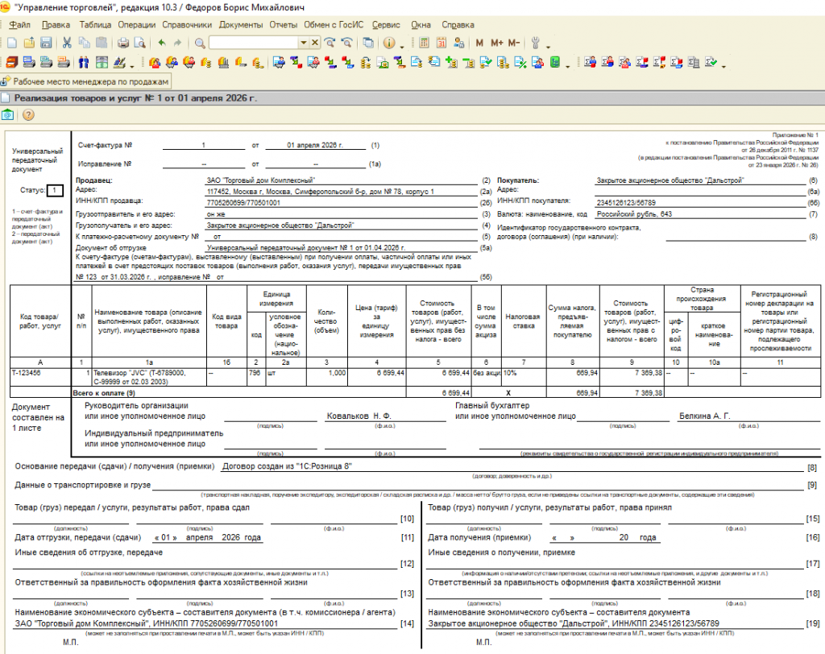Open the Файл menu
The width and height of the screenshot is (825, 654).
coord(21,25)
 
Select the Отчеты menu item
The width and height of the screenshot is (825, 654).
coord(283,25)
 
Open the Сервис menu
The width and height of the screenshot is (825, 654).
coord(387,25)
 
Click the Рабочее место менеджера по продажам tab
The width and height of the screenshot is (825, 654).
coord(85,82)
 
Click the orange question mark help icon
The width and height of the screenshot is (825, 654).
coord(27,115)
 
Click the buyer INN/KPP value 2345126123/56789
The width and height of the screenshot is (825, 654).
coord(632,202)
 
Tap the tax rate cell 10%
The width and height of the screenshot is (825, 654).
coord(513,373)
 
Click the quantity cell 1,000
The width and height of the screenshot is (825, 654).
coord(332,373)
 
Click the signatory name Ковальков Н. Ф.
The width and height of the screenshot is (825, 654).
coord(358,416)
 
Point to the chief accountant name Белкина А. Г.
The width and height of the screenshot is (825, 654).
coord(703,416)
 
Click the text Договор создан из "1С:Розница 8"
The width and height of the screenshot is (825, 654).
coord(286,466)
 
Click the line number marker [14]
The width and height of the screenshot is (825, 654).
coord(407,623)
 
